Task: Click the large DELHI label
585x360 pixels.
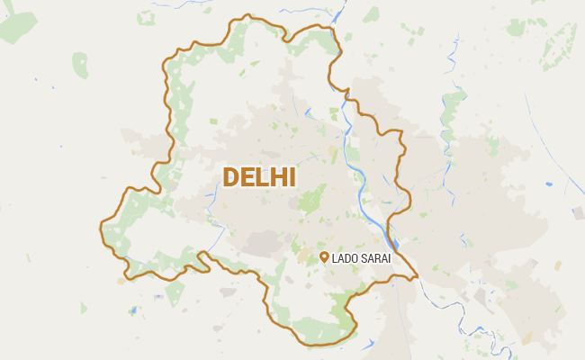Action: tap(259, 176)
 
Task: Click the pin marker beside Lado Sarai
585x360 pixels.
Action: tap(324, 257)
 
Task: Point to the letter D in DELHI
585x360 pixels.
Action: tap(230, 176)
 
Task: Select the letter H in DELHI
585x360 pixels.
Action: tap(278, 176)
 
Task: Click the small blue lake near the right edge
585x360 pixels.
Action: tap(549, 184)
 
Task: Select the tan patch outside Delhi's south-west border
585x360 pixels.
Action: tap(121, 281)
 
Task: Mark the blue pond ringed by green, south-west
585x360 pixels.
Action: tap(133, 310)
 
